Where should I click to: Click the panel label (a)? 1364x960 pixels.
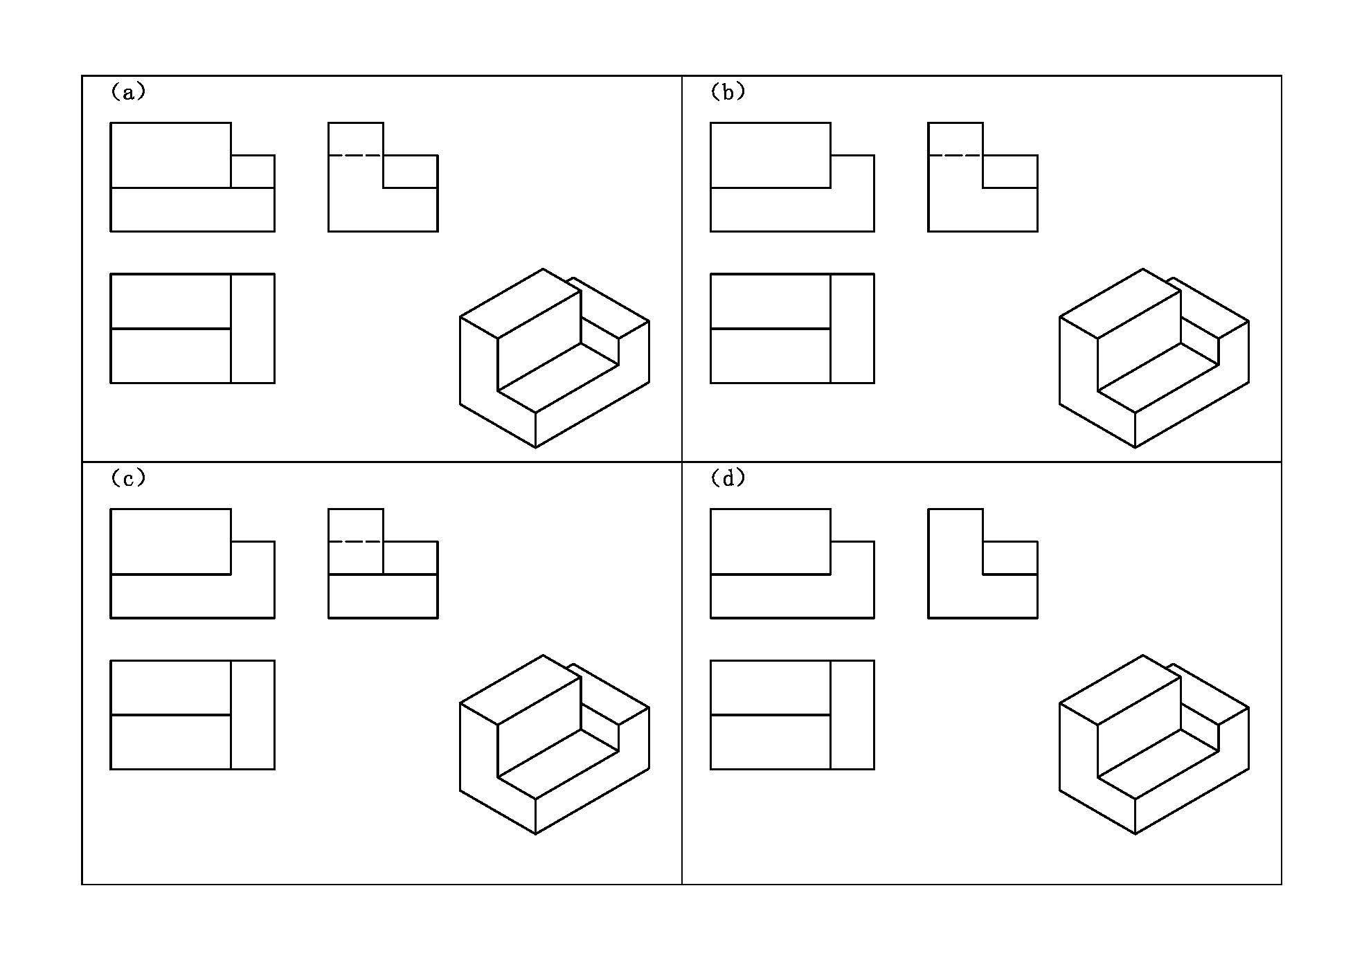coord(128,92)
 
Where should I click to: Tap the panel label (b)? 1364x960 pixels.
coord(728,92)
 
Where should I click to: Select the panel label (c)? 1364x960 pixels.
coord(128,478)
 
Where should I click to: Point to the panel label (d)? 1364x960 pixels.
coord(728,478)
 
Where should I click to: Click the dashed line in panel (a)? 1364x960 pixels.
coord(355,156)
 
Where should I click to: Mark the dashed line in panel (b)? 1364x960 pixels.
coord(955,156)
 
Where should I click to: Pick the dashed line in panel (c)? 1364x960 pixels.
coord(355,541)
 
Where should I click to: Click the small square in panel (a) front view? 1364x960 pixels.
coord(253,171)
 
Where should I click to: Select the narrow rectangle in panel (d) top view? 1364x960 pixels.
coord(852,715)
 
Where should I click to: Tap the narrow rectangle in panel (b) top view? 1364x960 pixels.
coord(852,328)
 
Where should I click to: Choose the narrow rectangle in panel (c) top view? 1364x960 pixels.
coord(253,715)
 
